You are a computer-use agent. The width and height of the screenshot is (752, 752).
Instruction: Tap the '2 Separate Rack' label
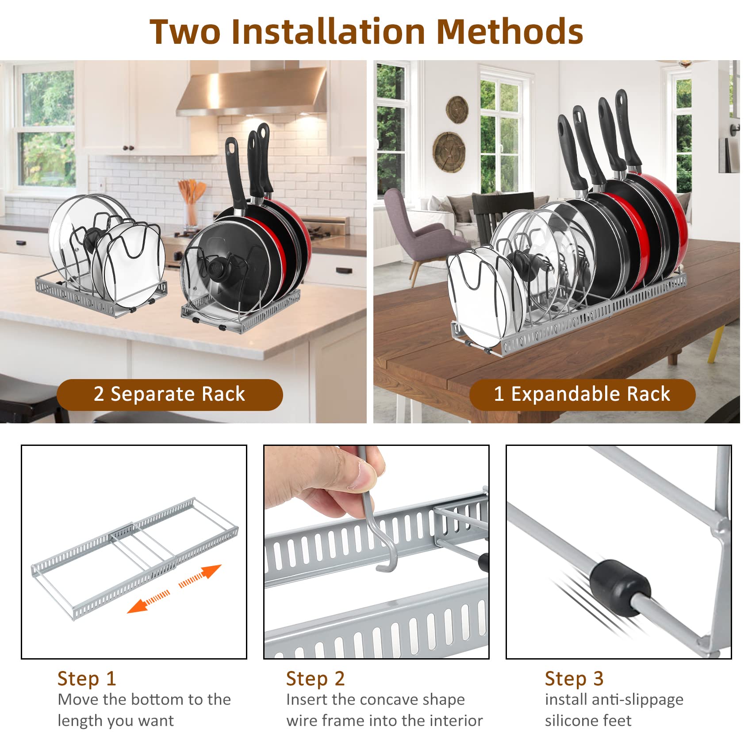click(x=169, y=394)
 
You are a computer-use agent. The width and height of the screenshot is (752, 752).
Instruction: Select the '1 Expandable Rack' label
click(x=582, y=394)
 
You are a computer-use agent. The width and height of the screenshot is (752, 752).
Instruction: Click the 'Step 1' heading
click(x=87, y=679)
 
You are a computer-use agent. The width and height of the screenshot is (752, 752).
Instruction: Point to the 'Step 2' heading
click(x=315, y=679)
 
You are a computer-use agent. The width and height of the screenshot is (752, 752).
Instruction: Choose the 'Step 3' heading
click(x=574, y=679)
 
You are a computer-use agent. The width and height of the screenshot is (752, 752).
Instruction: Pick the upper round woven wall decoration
click(x=457, y=109)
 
